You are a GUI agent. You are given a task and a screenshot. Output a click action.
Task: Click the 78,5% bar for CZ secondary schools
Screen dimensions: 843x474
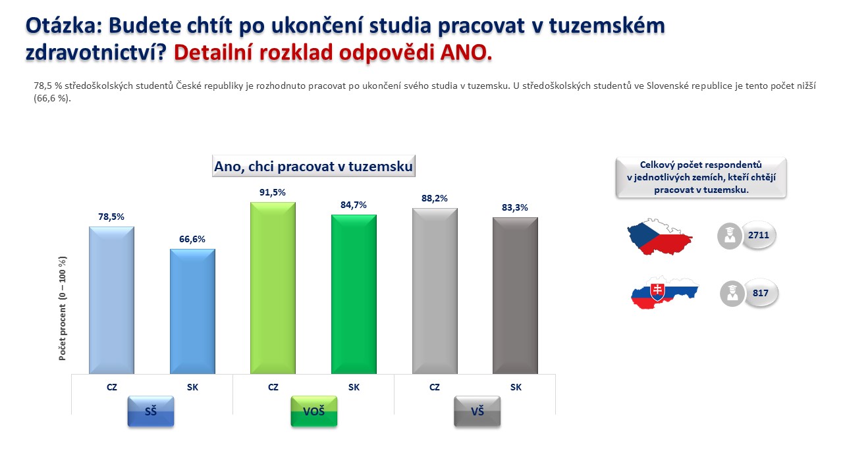[x=111, y=300]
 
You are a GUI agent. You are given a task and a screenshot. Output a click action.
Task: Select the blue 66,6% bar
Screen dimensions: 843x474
[x=192, y=311]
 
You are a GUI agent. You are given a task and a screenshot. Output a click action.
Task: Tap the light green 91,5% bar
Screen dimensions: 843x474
[x=273, y=288]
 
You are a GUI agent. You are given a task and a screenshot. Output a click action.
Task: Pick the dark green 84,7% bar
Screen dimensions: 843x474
[x=354, y=294]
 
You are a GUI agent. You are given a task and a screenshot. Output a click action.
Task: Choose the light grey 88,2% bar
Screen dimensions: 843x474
[x=435, y=291]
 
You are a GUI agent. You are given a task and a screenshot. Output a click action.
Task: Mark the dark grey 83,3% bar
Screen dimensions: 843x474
[x=515, y=296]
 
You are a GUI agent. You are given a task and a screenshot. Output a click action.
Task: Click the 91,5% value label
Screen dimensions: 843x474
[x=273, y=193]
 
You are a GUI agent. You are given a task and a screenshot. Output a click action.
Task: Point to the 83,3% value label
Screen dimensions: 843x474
[x=515, y=207]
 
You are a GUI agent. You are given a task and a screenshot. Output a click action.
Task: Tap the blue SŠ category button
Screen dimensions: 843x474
[x=151, y=411]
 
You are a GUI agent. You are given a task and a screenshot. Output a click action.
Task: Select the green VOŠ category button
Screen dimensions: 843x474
[x=314, y=411]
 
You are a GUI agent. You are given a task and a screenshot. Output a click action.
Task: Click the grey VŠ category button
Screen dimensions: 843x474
[x=477, y=411]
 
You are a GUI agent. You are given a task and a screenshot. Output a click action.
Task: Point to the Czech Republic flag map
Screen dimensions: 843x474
[x=660, y=236]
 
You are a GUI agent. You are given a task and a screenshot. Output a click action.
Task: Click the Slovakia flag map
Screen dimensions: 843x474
[x=665, y=292]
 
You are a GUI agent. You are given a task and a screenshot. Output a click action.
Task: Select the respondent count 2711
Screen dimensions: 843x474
[x=758, y=235]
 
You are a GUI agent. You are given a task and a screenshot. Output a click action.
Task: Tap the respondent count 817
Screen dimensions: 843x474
[x=761, y=293]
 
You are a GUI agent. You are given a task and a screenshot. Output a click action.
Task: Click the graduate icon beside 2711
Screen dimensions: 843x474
[x=730, y=236]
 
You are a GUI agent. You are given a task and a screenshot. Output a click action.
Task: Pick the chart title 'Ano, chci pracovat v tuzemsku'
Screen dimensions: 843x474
[x=313, y=166]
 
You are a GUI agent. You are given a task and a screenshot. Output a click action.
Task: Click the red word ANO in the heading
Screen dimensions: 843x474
[x=466, y=52]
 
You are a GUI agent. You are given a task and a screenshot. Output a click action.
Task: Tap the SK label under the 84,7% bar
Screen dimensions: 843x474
[x=354, y=387]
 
